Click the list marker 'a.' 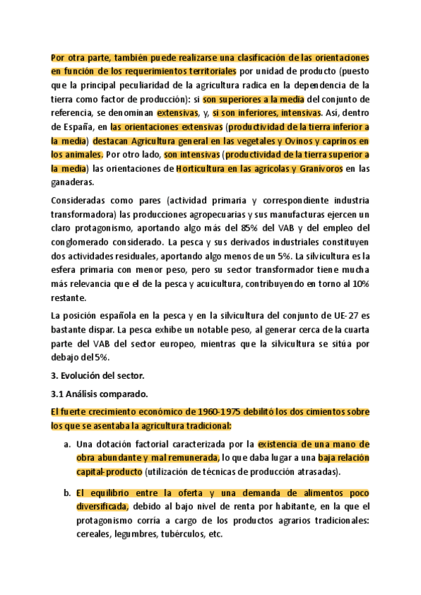click(x=67, y=444)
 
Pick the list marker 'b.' click(x=67, y=492)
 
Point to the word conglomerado click(x=86, y=241)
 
